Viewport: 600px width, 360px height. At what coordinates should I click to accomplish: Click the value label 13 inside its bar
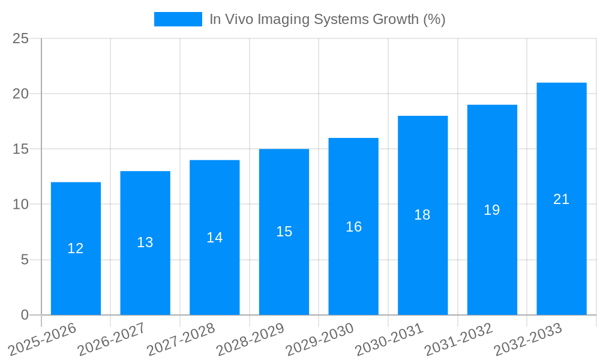pos(145,242)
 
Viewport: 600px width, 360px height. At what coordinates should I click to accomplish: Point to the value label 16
pos(353,227)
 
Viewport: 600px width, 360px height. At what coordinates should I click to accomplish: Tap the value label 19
pos(492,210)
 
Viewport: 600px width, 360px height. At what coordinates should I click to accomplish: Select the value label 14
pos(215,238)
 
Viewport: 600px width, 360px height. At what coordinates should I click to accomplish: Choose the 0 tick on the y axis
pos(25,315)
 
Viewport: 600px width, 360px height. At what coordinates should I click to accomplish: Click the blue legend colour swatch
pos(178,19)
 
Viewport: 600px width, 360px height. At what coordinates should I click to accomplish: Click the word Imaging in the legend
pos(281,19)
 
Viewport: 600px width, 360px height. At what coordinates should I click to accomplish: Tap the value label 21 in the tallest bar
pos(561,199)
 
